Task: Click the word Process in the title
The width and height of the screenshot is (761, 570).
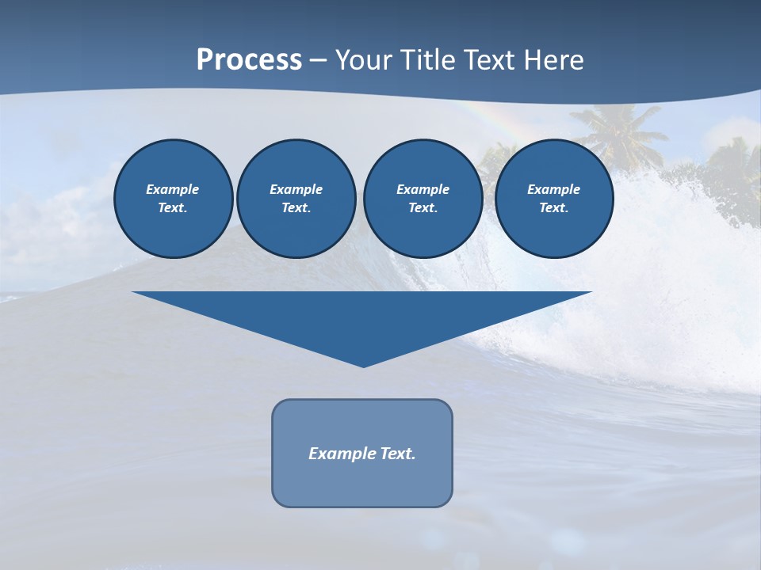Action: [249, 59]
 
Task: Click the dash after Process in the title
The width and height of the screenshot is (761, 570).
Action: [318, 61]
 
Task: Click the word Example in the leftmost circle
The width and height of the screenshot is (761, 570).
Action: [173, 189]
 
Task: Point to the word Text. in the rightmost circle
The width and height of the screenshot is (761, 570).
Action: [553, 207]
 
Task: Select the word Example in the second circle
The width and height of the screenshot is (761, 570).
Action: [296, 189]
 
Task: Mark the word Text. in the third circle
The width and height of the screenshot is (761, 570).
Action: [423, 207]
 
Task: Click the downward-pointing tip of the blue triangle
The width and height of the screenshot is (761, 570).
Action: [363, 365]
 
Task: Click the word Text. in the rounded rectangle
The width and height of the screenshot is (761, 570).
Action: [398, 454]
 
